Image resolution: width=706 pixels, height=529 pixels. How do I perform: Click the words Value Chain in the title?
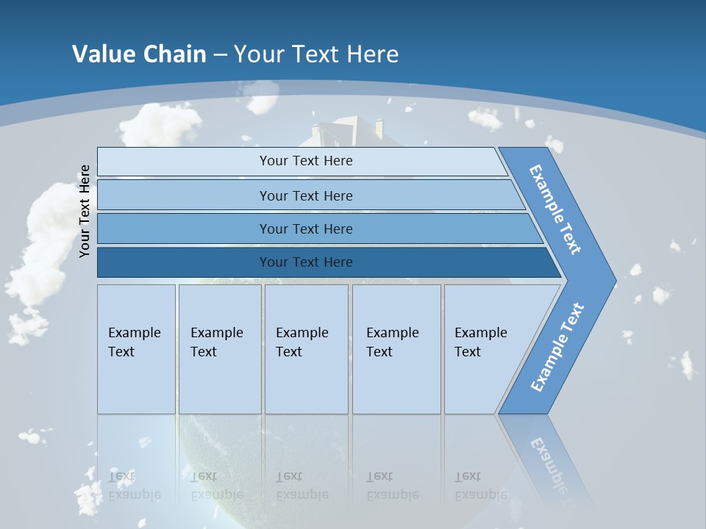tap(139, 54)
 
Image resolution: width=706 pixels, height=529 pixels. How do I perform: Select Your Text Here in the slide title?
tap(316, 54)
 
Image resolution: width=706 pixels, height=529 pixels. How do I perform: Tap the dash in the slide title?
tap(220, 55)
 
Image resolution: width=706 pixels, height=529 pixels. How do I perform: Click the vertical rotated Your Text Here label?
tap(85, 211)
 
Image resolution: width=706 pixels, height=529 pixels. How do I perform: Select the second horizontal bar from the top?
tap(306, 195)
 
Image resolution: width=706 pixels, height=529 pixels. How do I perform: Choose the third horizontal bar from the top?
tap(306, 228)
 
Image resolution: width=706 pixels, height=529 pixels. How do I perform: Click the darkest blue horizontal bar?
tap(306, 262)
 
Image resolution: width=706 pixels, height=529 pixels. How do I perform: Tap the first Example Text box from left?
tap(136, 348)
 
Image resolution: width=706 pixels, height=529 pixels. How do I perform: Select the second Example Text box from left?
tap(219, 348)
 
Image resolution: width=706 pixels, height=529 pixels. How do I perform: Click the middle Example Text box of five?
tap(306, 348)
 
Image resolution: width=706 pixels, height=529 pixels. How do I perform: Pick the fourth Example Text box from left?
tap(396, 348)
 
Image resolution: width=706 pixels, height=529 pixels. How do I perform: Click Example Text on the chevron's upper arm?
tap(555, 209)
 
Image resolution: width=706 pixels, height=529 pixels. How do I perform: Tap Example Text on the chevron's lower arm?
tap(557, 347)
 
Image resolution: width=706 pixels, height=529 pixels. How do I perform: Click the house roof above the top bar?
tap(346, 132)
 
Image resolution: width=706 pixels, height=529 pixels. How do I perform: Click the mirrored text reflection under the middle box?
tap(302, 486)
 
